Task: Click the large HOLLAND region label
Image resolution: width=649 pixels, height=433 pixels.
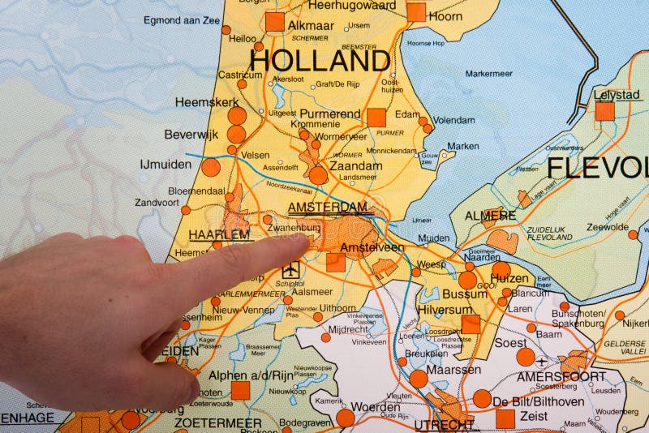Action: [320, 60]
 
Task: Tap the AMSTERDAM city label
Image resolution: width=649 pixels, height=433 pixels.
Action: [328, 208]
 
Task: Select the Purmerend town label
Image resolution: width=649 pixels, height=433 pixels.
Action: [330, 114]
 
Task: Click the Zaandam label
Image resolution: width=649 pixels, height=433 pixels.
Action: [355, 165]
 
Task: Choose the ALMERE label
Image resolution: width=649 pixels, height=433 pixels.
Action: [490, 216]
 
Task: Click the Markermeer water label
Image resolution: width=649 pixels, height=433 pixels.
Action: [489, 74]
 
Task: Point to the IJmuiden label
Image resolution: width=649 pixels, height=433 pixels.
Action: [165, 164]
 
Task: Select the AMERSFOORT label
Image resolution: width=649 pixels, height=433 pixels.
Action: [561, 376]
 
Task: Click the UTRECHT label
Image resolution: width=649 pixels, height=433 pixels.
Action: [444, 424]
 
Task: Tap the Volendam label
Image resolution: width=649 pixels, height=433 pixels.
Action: [453, 120]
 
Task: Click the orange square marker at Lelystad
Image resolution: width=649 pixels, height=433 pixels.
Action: [604, 111]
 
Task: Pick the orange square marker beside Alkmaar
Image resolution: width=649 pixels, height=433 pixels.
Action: [275, 22]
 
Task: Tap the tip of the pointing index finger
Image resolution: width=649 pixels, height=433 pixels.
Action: [312, 240]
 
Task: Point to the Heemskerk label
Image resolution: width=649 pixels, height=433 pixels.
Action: [207, 102]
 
